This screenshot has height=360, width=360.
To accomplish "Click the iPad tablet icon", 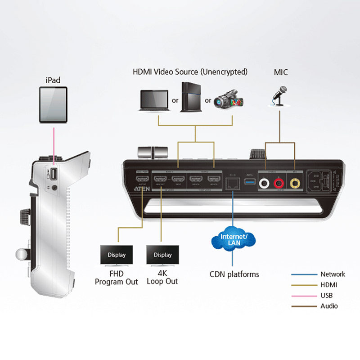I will click(53, 105).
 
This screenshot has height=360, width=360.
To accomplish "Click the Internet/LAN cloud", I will click(232, 240).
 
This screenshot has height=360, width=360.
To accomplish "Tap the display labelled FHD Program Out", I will click(117, 255).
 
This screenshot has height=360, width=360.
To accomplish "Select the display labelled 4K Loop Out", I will click(162, 255).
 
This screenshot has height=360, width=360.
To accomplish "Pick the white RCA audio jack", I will click(265, 183).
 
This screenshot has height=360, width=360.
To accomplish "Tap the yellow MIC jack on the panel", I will click(295, 183).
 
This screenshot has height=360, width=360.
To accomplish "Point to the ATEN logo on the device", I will click(141, 189).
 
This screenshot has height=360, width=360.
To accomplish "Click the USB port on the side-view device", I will click(52, 173).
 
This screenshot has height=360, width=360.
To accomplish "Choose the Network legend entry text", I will click(333, 274).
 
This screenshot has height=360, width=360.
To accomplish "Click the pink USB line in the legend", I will click(304, 295).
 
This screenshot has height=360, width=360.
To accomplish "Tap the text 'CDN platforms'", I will click(234, 274).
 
